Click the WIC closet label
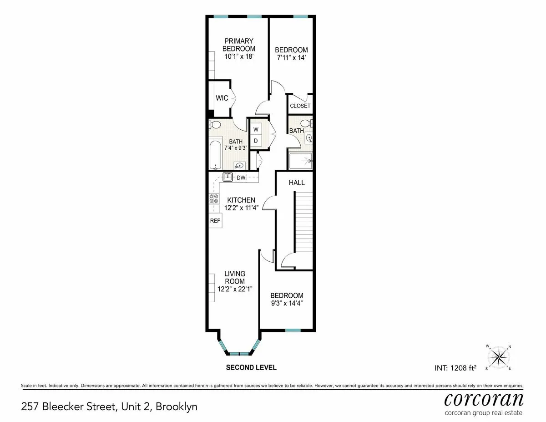coord(222,98)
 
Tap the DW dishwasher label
coord(241,178)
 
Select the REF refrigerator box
coord(215,221)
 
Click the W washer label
coord(256,129)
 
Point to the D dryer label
coord(256,141)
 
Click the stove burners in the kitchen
coord(214,199)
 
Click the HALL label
coord(297,183)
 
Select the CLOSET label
coord(300,106)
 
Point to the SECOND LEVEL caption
coord(251,367)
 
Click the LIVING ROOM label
coord(235,277)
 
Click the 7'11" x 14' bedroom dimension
coord(291,58)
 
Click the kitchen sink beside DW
coord(228,177)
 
